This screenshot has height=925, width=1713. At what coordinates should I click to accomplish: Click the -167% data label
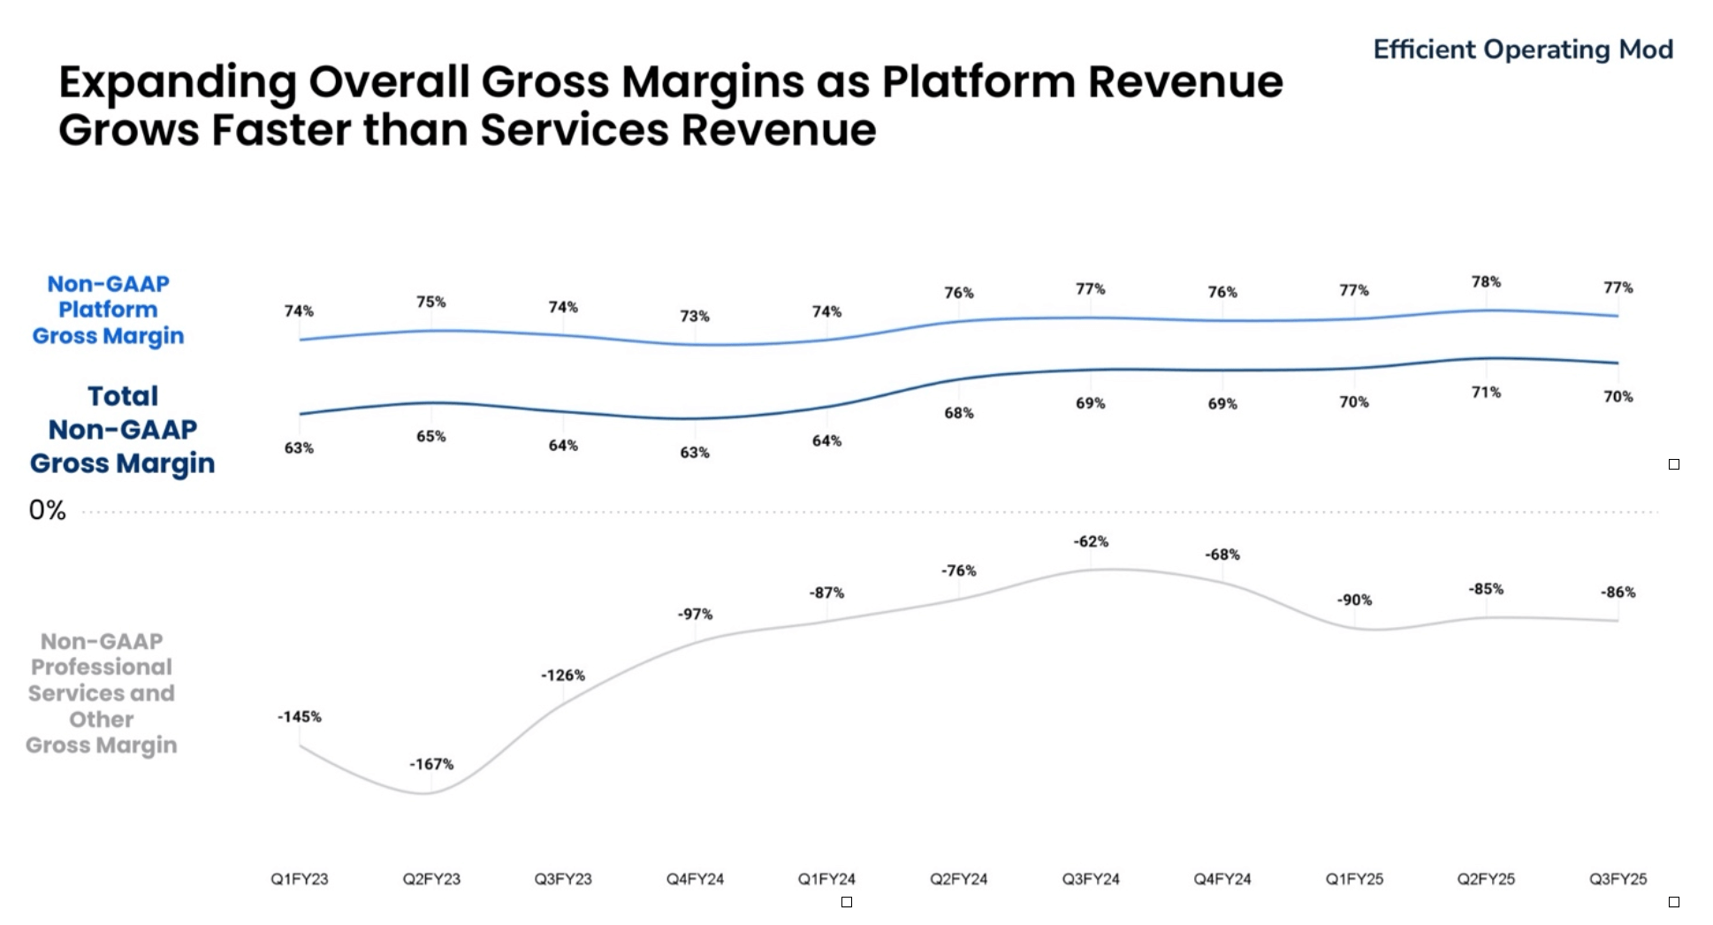coord(431,764)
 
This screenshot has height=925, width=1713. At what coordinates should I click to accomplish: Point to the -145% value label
coord(300,717)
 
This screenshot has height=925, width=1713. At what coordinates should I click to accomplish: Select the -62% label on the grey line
coord(1091,542)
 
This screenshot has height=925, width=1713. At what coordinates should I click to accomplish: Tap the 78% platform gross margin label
coord(1486,282)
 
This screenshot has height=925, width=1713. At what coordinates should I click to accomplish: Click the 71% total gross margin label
coord(1486,393)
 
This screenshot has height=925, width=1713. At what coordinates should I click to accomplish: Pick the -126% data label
coord(563,676)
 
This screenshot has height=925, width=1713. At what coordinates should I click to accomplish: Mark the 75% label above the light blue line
coord(431,302)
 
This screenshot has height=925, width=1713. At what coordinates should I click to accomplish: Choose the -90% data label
coord(1354,600)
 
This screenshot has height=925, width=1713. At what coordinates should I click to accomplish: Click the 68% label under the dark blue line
coord(959,413)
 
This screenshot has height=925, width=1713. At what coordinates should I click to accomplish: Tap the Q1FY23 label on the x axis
coord(300,879)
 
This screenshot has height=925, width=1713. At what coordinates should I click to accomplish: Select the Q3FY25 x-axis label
coord(1618,879)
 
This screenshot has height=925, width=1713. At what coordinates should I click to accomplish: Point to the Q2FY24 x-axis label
coord(959,879)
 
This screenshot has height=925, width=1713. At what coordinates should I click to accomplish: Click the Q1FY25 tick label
coord(1354,879)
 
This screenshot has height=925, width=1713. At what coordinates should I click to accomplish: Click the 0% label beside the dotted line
coord(48,510)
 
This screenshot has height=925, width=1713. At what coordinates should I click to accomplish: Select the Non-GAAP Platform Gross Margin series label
coord(108,310)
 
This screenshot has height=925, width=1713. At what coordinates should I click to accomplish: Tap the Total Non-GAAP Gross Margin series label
coord(122,430)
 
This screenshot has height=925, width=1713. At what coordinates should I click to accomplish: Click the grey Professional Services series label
coord(102,693)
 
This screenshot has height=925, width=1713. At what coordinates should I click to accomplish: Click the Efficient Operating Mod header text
coord(1522,50)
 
